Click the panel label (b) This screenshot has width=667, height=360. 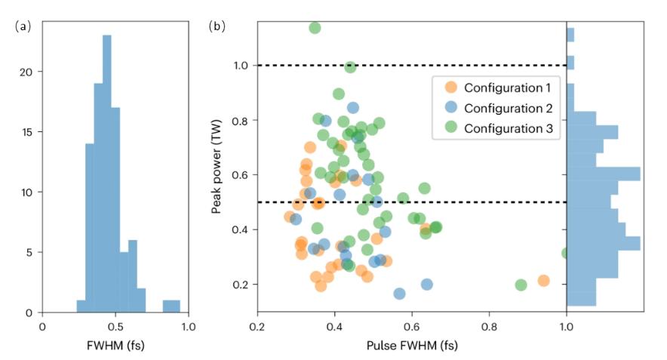point(217,26)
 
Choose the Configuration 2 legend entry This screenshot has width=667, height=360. point(502,108)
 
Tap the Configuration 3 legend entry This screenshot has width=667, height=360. point(502,129)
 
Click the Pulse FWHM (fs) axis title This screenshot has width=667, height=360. point(411,346)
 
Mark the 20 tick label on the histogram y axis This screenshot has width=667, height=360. point(28,72)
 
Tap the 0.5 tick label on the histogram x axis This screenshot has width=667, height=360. point(115,327)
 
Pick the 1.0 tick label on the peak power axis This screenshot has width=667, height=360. point(241,66)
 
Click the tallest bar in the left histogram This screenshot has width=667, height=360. point(107,174)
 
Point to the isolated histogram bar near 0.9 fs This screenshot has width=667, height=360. point(171,306)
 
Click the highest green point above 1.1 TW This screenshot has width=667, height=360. point(315,28)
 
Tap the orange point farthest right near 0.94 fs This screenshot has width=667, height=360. point(543,281)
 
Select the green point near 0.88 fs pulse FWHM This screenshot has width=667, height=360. point(521,285)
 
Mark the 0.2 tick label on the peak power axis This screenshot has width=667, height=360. point(241,285)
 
